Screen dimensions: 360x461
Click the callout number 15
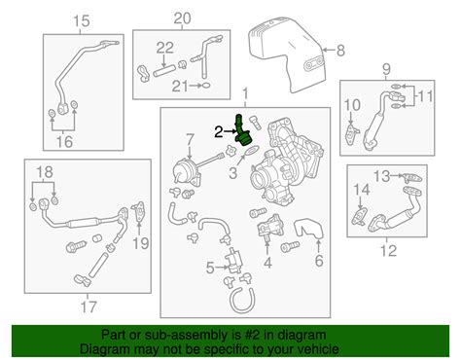(x=81, y=20)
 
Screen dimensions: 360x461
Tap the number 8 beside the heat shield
(x=339, y=48)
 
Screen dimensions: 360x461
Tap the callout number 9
(x=387, y=70)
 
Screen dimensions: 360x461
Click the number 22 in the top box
(x=165, y=48)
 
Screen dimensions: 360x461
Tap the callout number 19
(x=141, y=242)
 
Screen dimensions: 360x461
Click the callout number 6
(x=318, y=261)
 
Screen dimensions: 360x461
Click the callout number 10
(x=352, y=105)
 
